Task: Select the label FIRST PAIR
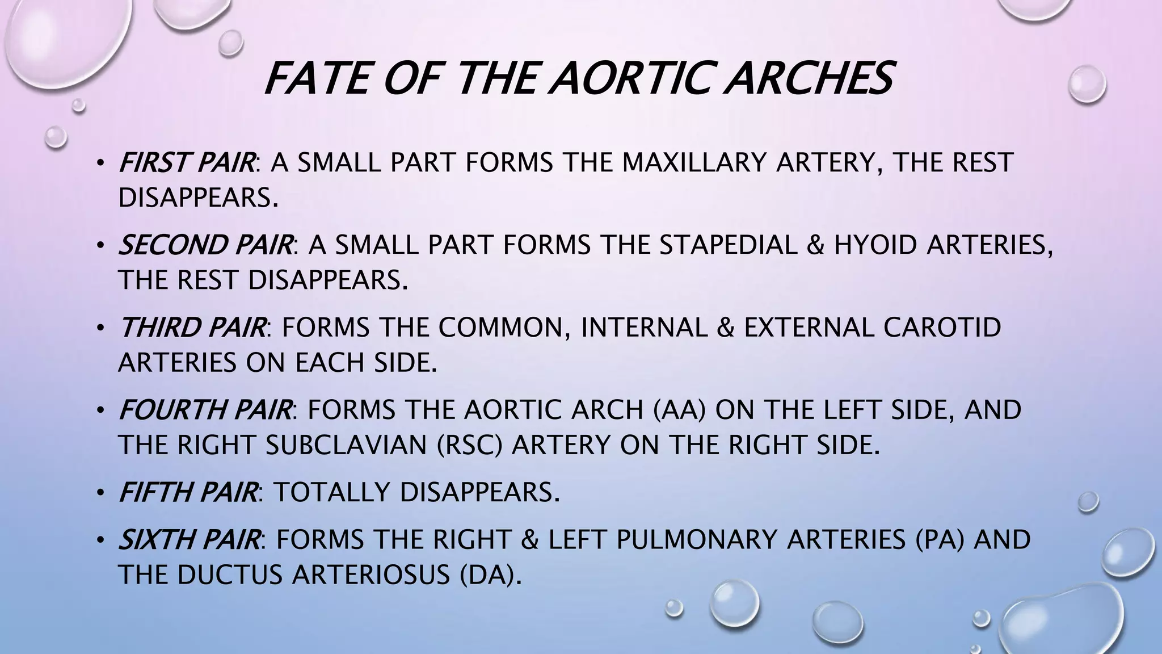pos(186,163)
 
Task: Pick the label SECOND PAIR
pos(205,245)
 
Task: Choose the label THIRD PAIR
pos(192,328)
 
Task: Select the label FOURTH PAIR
pos(205,410)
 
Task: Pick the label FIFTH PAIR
pos(187,492)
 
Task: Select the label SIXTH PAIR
pos(189,539)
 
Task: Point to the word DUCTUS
pos(230,575)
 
